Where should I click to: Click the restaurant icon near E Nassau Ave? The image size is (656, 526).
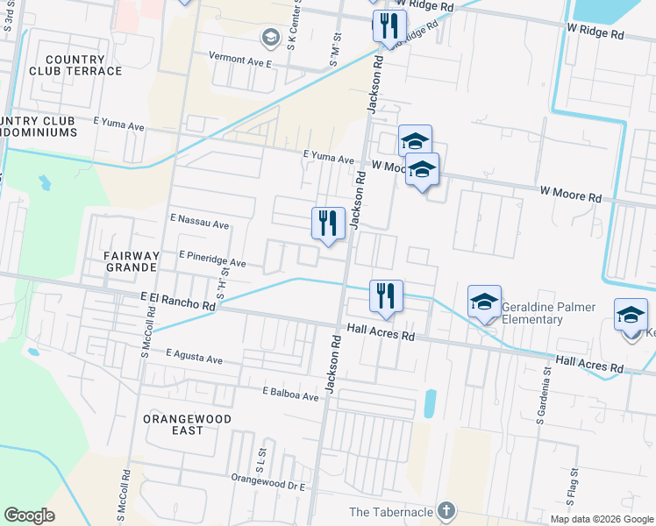(x=328, y=223)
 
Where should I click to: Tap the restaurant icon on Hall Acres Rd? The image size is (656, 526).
(x=386, y=295)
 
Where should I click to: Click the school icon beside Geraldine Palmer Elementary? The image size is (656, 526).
(x=484, y=302)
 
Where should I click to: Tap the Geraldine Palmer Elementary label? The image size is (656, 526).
(x=549, y=313)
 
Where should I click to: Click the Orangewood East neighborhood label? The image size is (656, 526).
(x=188, y=425)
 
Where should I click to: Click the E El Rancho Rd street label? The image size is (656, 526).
(x=178, y=302)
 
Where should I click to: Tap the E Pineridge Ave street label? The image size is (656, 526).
(x=212, y=259)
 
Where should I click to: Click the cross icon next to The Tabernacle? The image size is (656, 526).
(x=446, y=510)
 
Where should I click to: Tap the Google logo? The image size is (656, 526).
(x=30, y=515)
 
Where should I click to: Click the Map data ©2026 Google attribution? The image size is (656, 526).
(x=601, y=519)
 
